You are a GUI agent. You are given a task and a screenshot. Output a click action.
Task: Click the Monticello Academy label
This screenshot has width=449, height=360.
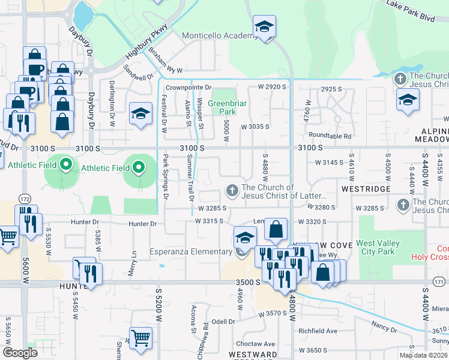[x=220, y=36]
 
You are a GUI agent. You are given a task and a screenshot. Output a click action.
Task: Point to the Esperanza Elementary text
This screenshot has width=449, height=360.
[x=190, y=251]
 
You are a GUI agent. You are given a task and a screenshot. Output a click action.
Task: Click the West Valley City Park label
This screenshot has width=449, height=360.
[x=384, y=247]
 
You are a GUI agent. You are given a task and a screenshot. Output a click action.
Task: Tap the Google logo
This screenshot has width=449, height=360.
[x=20, y=353]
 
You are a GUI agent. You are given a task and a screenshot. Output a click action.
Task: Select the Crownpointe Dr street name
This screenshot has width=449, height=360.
[x=189, y=88]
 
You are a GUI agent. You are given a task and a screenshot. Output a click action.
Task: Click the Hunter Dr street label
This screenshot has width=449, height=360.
[x=142, y=224]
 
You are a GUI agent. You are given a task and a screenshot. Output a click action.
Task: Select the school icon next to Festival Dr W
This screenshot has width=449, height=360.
[x=140, y=114]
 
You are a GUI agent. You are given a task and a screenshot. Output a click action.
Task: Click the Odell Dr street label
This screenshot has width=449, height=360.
[x=223, y=322]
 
